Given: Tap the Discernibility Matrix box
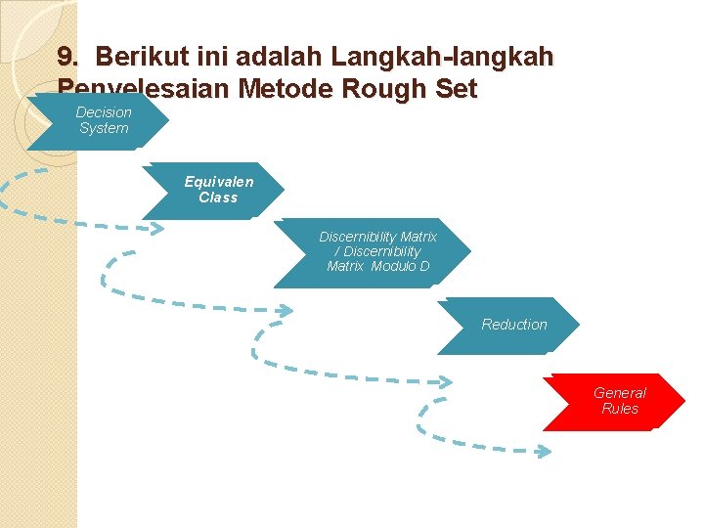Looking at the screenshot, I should tap(375, 252).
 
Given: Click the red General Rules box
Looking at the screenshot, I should tap(616, 401).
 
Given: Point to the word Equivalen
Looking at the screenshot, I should tap(219, 182).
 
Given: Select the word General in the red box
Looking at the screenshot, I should tap(620, 393).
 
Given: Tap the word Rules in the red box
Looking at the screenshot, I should tap(620, 409).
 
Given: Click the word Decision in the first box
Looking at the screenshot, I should tap(104, 112).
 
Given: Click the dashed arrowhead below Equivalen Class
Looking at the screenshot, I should tap(156, 228).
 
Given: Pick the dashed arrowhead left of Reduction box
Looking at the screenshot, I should tap(284, 312).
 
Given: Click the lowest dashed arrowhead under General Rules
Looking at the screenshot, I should tap(544, 451).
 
